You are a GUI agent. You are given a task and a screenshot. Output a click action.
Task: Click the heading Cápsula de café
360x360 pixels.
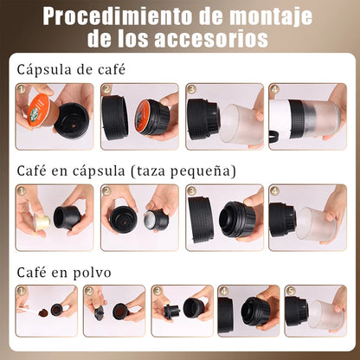coord(71,69)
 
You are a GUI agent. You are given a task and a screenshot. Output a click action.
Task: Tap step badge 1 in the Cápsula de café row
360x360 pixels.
coord(21,89)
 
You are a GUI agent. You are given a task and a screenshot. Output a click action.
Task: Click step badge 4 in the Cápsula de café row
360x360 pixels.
coord(275,89)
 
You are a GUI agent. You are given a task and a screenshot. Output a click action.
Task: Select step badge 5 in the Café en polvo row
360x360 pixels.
coord(291,292)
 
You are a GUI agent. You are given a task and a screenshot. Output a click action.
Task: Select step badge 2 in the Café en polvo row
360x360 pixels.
coord(88,292)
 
